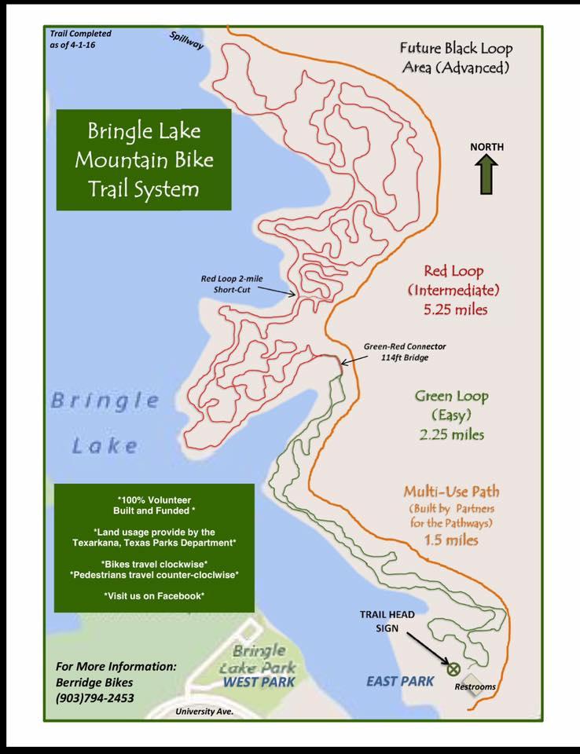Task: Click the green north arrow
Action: click(x=486, y=174)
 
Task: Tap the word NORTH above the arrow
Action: click(x=487, y=147)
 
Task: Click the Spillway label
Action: click(x=187, y=41)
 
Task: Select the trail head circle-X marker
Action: click(x=453, y=669)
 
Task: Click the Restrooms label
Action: click(x=475, y=687)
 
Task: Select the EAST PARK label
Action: click(x=400, y=681)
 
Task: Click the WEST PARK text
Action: click(x=259, y=682)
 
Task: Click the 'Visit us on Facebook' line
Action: click(x=154, y=596)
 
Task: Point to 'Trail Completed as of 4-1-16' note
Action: click(x=80, y=39)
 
